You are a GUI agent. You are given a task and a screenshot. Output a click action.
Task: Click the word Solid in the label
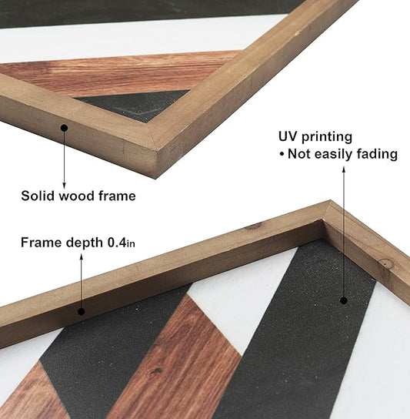click(38, 196)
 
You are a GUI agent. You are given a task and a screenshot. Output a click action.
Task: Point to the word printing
click(327, 137)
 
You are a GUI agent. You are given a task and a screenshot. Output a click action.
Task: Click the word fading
click(378, 154)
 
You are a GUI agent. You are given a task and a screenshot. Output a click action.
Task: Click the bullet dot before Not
click(282, 155)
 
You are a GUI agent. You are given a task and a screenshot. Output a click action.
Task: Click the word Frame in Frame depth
click(42, 243)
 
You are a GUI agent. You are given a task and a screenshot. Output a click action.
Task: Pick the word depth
click(85, 243)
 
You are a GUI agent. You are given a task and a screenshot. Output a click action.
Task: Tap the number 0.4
click(117, 243)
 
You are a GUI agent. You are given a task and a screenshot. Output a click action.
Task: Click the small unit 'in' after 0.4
click(131, 244)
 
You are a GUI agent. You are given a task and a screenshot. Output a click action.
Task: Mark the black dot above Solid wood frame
click(64, 128)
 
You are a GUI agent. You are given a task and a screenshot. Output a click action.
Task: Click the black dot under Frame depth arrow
click(82, 312)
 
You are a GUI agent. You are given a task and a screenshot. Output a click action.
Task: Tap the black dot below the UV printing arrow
click(344, 300)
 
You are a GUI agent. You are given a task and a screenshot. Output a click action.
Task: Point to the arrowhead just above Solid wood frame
click(64, 186)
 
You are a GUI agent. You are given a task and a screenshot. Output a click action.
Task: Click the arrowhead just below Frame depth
click(82, 257)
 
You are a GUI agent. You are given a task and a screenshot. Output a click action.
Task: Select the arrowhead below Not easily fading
click(344, 169)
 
